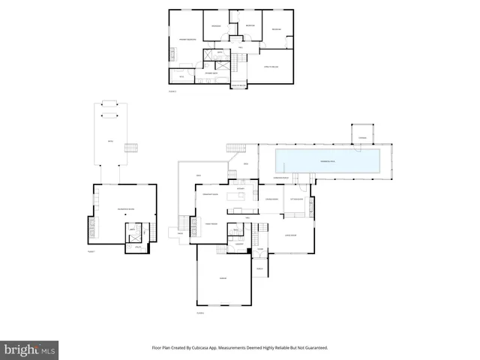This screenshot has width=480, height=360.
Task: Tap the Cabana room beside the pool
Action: (x=362, y=138)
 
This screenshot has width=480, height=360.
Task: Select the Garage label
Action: (x=223, y=279)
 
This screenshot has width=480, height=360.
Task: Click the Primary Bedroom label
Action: (x=187, y=39)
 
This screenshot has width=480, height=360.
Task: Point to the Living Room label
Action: (x=291, y=235)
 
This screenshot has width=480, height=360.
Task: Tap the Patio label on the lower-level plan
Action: (x=109, y=140)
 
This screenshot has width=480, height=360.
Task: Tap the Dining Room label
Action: (x=272, y=199)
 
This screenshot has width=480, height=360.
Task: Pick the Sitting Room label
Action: (x=298, y=199)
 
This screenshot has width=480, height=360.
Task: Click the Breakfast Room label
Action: (x=211, y=195)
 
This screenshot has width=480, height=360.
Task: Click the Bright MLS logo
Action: (x=29, y=349)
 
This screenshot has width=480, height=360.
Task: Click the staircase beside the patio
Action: (x=132, y=147)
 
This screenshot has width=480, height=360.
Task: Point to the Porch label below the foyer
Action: (x=260, y=268)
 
